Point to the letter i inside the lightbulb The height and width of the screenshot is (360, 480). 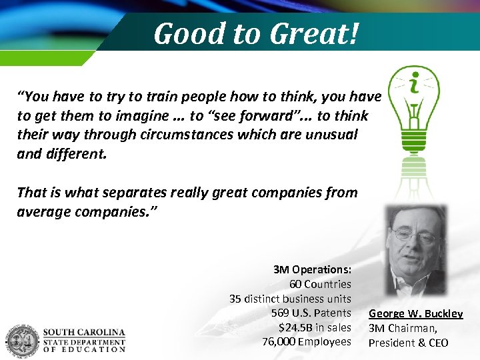click(x=414, y=85)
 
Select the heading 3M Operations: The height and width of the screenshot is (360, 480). click(x=312, y=270)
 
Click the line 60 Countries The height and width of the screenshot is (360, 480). click(x=320, y=284)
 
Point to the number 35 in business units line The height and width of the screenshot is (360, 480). click(x=235, y=299)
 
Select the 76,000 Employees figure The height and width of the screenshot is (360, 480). click(x=307, y=341)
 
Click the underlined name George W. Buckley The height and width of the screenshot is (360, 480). click(x=415, y=313)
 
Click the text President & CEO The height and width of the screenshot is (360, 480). click(x=408, y=343)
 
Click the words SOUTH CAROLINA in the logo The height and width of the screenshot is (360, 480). click(x=84, y=332)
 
